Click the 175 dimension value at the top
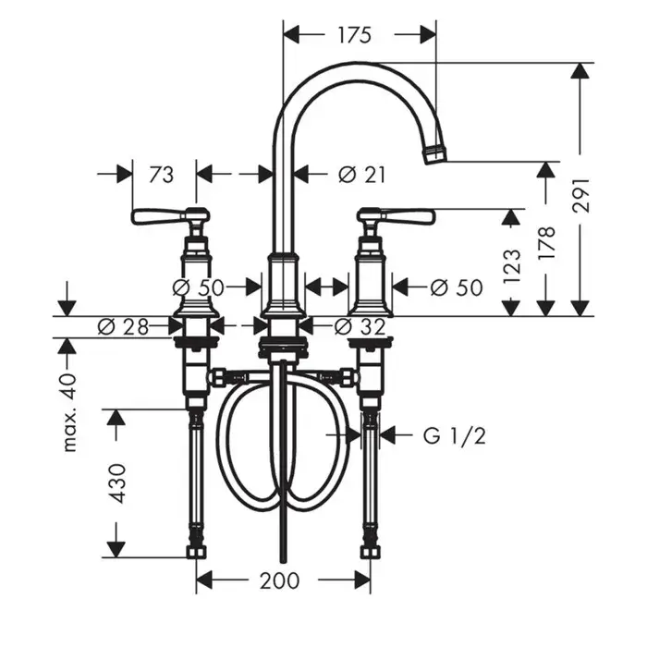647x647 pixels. [355, 35]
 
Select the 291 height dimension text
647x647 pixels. [581, 195]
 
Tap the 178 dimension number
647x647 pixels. [547, 242]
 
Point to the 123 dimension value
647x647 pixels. [512, 265]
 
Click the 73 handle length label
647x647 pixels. [162, 175]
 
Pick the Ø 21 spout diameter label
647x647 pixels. [362, 175]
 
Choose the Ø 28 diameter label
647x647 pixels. [123, 327]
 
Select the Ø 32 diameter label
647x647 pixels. [360, 327]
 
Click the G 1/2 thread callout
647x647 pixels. [455, 435]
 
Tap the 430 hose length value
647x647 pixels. [117, 483]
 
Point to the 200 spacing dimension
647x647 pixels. [279, 581]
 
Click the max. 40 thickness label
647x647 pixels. [69, 412]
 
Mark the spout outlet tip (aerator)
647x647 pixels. [434, 153]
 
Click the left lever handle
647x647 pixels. [170, 216]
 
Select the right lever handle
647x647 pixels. [397, 216]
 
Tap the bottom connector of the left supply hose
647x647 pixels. [196, 552]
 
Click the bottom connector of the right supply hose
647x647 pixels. [370, 552]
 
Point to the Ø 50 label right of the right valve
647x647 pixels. [457, 287]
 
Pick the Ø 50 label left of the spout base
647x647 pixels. [198, 287]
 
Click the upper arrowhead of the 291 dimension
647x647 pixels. [581, 70]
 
